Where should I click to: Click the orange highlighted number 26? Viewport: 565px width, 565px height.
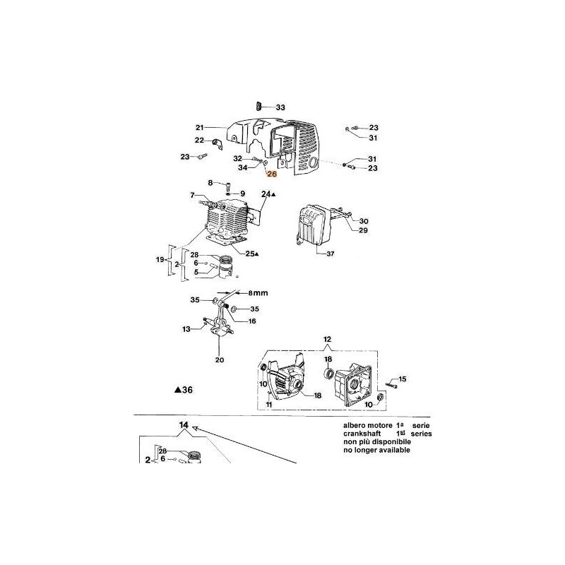[x=273, y=182]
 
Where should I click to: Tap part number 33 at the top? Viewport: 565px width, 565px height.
[x=280, y=107]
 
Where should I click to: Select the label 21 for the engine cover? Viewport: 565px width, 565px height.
[x=199, y=128]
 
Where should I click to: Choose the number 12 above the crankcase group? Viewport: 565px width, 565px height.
[x=327, y=340]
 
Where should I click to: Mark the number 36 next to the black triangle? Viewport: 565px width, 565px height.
[x=186, y=389]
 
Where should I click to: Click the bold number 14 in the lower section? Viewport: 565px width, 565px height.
[x=184, y=425]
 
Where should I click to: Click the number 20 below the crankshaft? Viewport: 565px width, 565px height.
[x=219, y=359]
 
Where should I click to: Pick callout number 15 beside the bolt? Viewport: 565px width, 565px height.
[x=403, y=380]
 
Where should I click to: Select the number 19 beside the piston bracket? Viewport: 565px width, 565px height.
[x=160, y=261]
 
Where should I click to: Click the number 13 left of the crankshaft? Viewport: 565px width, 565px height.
[x=186, y=329]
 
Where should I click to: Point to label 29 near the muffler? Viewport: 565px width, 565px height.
[x=364, y=230]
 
